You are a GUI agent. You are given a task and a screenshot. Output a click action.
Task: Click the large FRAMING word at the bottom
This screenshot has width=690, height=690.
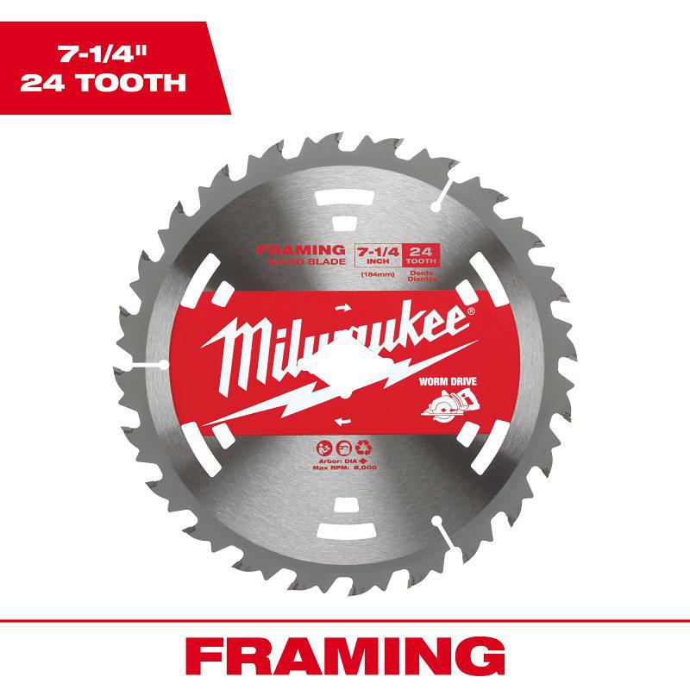(x=345, y=656)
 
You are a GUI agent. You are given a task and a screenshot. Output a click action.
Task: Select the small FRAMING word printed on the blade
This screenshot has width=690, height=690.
(x=302, y=250)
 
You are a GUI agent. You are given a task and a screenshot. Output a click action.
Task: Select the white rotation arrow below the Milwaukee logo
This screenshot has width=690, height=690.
(x=343, y=420)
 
